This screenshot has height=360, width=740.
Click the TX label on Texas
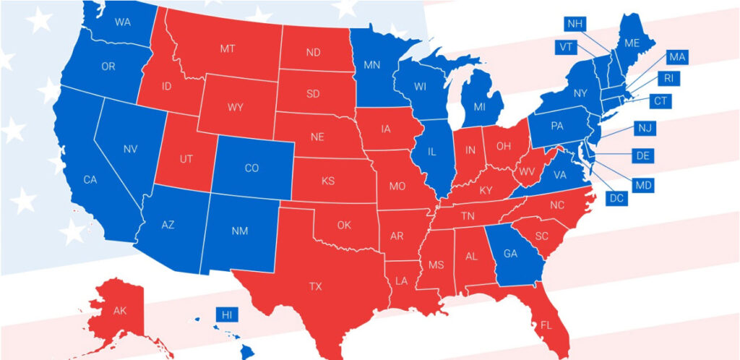[316, 286]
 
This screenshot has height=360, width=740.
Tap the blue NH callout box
[575, 24]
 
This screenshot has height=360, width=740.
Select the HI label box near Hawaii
[227, 315]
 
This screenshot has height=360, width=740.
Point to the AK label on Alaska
[120, 311]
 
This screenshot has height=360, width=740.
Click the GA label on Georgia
[509, 254]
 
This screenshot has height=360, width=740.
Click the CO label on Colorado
[251, 168]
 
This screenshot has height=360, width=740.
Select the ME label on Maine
[632, 43]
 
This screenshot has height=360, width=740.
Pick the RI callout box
[668, 79]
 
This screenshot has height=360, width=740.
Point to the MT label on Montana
[227, 48]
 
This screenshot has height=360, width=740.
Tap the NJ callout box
[645, 128]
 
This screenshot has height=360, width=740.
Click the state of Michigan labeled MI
[478, 107]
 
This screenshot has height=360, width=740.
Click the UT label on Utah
[186, 158]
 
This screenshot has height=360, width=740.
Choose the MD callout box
[643, 186]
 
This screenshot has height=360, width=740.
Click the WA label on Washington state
[123, 22]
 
